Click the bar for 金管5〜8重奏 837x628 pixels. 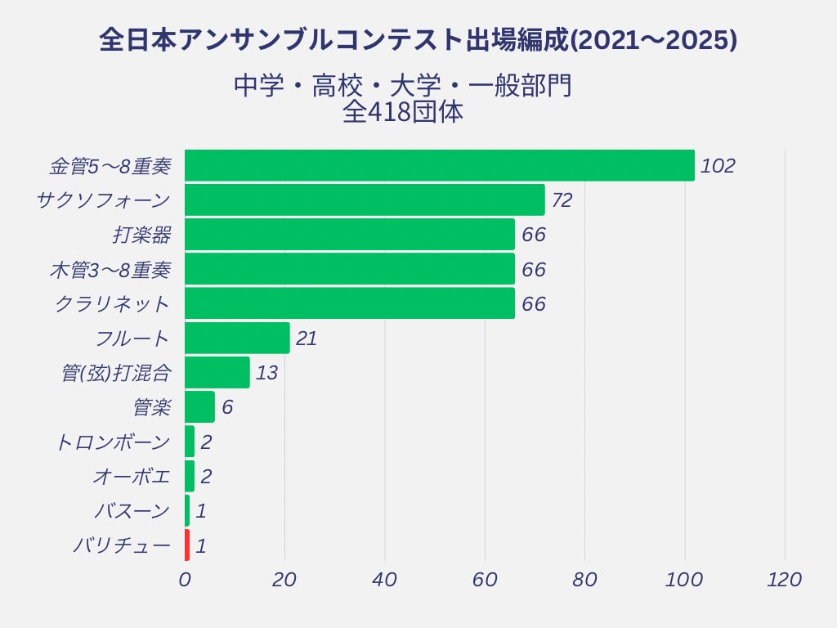pos(439,165)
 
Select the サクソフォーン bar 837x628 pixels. pos(365,200)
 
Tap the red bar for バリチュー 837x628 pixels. pos(187,545)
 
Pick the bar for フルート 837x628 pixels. pos(237,338)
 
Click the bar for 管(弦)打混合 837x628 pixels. pos(217,373)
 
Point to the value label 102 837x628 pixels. pos(718,166)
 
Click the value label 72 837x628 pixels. pos(562,200)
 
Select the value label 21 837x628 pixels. pos(307,339)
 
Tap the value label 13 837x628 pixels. pos(266,373)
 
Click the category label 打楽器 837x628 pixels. pos(141,235)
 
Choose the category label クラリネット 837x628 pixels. pos(112,304)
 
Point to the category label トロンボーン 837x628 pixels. pos(112,442)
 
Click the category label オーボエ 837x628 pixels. pos(131,477)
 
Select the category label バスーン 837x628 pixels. pos(131,512)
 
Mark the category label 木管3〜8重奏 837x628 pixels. pos(110,270)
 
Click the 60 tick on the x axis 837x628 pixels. pos(485,580)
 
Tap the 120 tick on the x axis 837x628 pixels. pos(785,580)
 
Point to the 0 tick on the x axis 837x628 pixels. pos(185,580)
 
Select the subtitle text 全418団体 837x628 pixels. pos(403,112)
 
